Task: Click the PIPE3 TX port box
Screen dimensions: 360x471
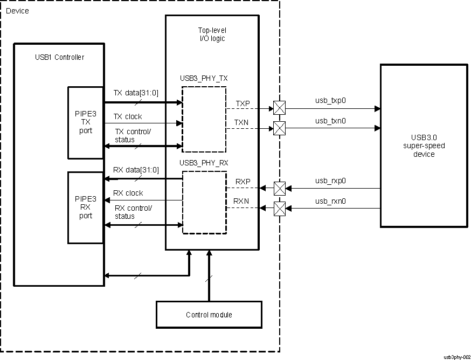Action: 85,122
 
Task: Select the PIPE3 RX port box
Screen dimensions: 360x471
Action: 85,207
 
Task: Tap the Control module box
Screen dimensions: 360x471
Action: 209,315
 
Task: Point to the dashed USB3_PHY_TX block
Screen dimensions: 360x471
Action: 204,120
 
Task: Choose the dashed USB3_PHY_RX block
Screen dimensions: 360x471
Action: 204,202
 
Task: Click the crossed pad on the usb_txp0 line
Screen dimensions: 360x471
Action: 279,108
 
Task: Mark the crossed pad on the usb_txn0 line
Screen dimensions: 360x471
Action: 279,128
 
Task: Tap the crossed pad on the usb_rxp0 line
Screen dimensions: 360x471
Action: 279,189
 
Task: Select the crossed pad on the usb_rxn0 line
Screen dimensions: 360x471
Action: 279,208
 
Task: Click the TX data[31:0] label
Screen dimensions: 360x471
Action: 136,92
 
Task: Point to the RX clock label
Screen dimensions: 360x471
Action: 128,193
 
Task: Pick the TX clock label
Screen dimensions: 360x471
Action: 128,116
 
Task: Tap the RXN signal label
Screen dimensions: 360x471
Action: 241,202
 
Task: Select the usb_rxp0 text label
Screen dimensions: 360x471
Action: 330,181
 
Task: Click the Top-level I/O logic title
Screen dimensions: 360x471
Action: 212,35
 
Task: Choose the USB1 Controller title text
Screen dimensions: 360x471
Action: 59,57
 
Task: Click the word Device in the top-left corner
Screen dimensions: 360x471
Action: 17,11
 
